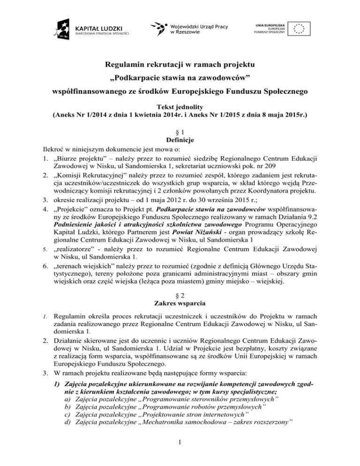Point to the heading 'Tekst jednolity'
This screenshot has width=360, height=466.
pyautogui.click(x=180, y=106)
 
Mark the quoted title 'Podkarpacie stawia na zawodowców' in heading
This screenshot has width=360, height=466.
pyautogui.click(x=180, y=76)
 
